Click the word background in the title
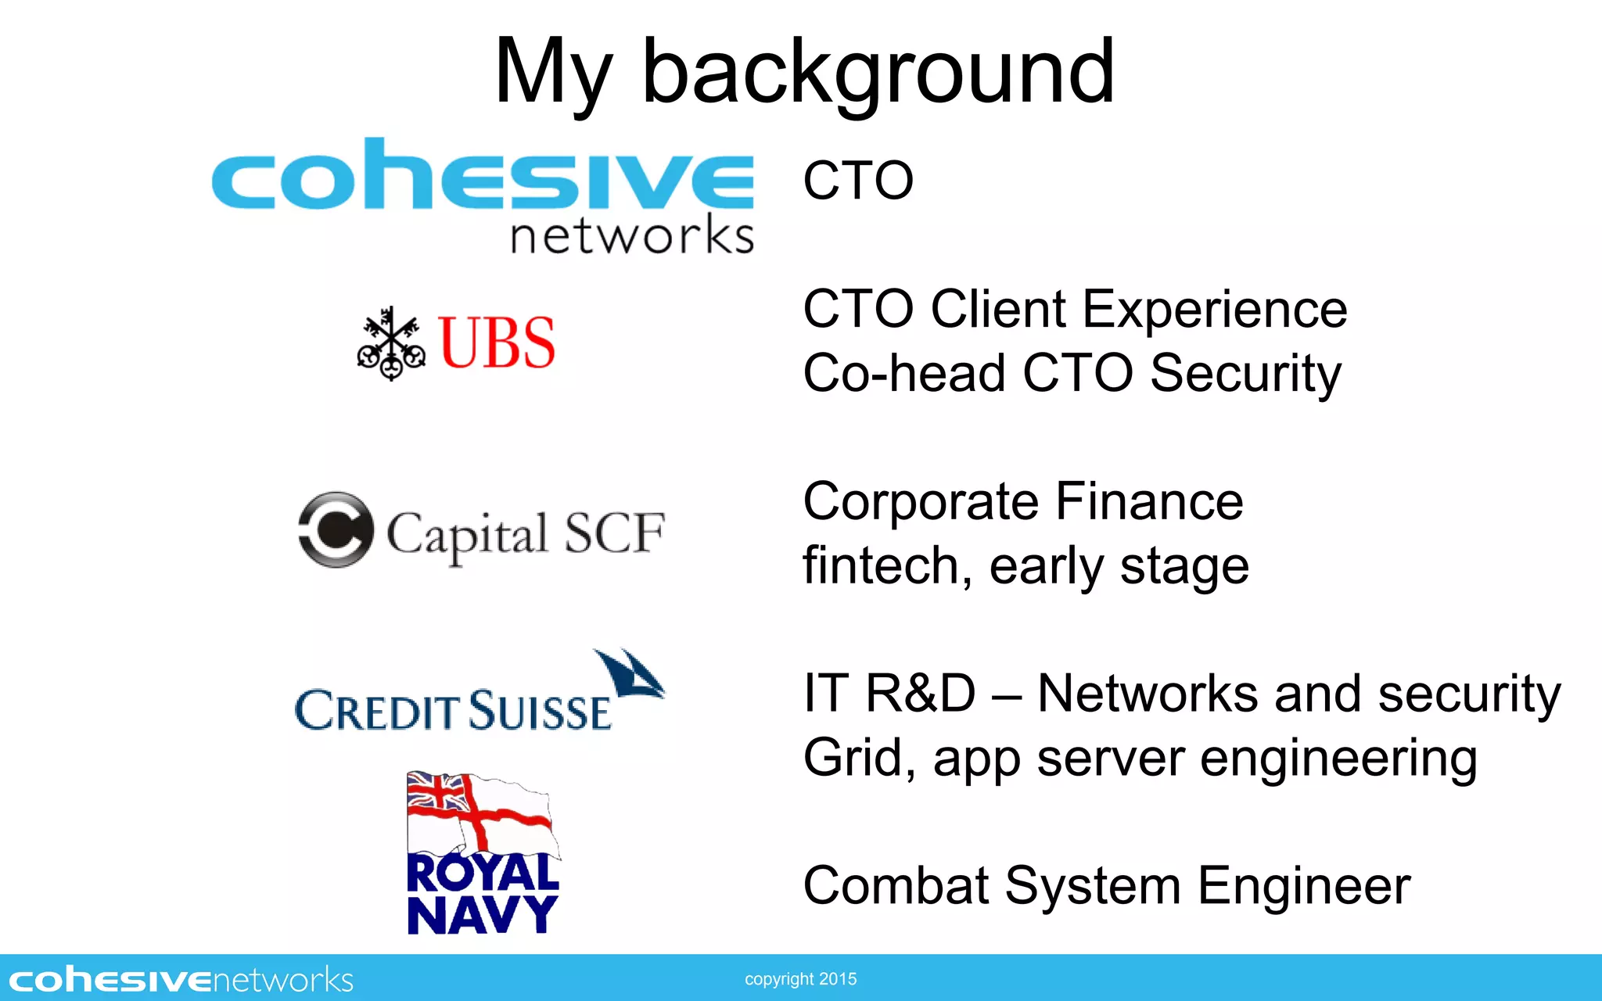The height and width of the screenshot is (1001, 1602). click(x=878, y=72)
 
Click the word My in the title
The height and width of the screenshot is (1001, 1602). click(x=552, y=72)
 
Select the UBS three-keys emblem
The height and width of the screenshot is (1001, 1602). click(x=391, y=344)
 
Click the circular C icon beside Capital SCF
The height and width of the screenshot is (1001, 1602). click(x=335, y=529)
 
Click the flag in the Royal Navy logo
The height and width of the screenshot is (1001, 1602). click(x=480, y=813)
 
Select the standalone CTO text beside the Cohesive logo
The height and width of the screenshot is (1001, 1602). click(x=858, y=181)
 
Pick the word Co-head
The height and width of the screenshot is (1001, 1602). click(x=903, y=373)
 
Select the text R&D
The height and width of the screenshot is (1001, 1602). click(x=921, y=694)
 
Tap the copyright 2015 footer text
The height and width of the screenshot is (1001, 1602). click(x=800, y=979)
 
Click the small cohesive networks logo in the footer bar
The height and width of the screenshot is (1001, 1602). click(x=181, y=980)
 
